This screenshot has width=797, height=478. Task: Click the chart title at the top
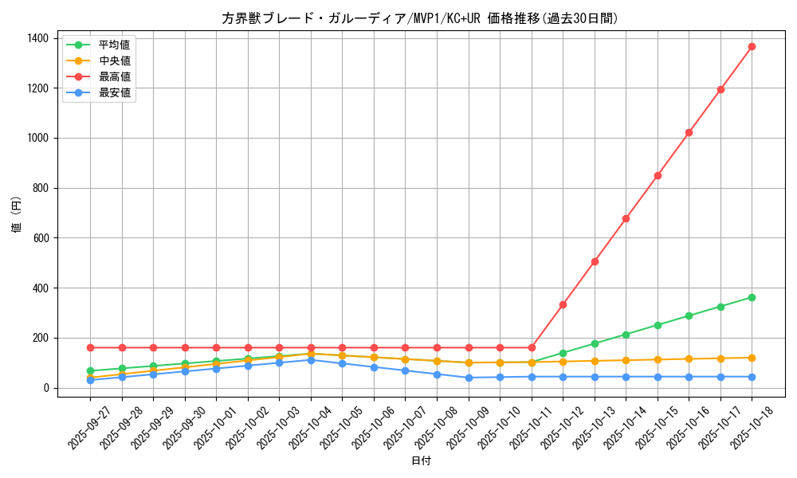click(420, 18)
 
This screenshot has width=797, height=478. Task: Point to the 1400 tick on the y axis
click(37, 38)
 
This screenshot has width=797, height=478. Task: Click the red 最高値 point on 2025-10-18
click(752, 46)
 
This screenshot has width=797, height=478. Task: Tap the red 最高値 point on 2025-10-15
click(658, 175)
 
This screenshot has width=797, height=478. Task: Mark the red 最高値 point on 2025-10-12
click(563, 304)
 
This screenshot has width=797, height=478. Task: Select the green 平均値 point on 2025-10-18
click(752, 297)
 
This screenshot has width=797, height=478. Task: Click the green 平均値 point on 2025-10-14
click(626, 335)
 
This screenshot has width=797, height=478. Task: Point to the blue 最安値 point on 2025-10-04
click(311, 360)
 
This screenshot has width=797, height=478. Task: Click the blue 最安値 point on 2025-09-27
click(90, 380)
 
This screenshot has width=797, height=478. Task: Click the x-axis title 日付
click(421, 461)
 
